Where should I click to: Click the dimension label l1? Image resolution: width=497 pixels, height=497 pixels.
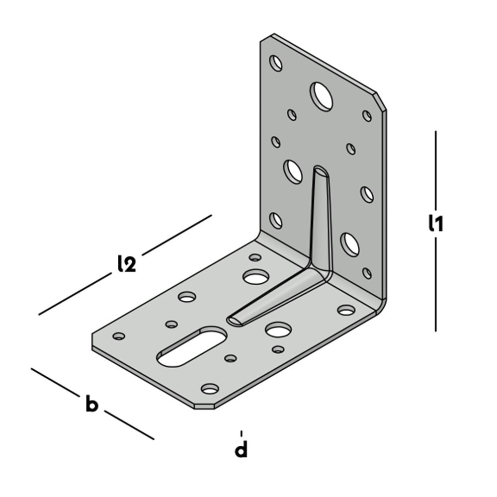[435, 223]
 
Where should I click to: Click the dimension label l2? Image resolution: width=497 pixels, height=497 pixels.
[126, 264]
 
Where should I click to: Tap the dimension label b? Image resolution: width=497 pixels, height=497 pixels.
[92, 403]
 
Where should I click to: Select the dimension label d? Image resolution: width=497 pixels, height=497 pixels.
[241, 449]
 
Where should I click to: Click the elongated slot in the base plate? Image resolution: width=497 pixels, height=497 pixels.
[192, 347]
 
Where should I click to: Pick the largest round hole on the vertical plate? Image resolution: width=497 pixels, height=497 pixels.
[322, 96]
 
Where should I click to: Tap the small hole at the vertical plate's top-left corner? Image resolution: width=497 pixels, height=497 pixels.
[276, 63]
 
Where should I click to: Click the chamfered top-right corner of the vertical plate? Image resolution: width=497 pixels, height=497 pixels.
[381, 101]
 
